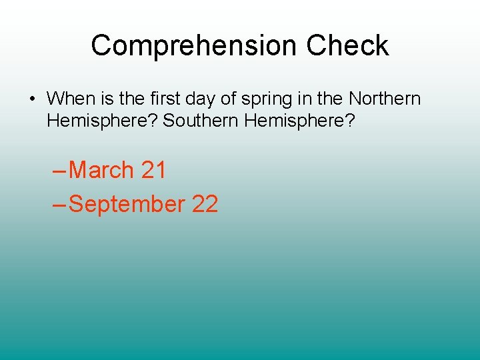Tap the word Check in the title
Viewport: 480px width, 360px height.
point(347,46)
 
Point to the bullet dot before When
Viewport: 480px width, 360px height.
point(32,99)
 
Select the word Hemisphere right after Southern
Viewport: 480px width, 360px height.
point(304,121)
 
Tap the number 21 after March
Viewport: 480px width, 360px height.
point(153,171)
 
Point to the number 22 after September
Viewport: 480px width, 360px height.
point(205,204)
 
